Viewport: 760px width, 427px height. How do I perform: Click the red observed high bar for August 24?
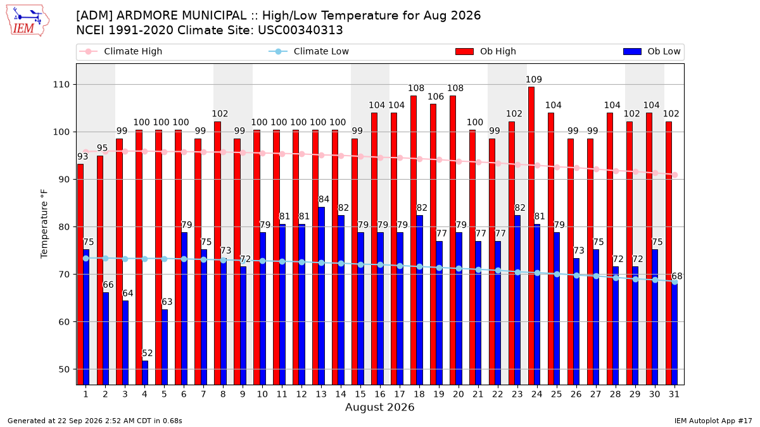[531, 236]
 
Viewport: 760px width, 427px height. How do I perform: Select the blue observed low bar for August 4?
[145, 373]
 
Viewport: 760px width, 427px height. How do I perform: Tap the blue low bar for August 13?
[321, 296]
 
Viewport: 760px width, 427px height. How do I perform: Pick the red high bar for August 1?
[80, 275]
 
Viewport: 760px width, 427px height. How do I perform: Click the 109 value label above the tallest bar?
[534, 80]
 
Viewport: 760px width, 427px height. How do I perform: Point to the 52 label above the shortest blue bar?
[147, 353]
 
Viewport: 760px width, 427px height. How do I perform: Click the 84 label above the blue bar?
[324, 199]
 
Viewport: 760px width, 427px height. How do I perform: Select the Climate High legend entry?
[120, 51]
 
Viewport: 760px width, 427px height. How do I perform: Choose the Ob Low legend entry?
[652, 51]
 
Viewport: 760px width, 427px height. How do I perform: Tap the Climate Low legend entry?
[309, 51]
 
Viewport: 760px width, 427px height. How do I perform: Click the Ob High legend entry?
[486, 51]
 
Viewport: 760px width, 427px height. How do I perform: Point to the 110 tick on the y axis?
[61, 84]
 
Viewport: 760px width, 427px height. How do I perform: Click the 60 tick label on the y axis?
[64, 321]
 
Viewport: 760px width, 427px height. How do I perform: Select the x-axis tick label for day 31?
[674, 394]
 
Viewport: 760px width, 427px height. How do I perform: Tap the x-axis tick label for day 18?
[419, 394]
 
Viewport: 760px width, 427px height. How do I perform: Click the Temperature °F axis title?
[44, 224]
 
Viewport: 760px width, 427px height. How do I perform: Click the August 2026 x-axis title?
[379, 407]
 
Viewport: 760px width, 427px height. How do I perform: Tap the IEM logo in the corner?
[27, 21]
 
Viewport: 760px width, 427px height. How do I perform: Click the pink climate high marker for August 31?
[675, 175]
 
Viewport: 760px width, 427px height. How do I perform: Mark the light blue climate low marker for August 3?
[125, 259]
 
